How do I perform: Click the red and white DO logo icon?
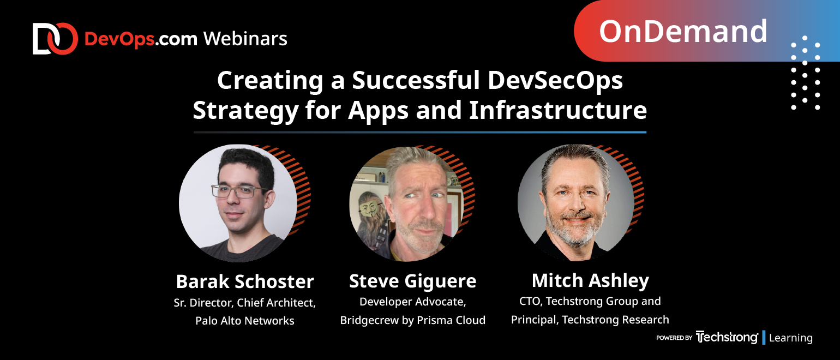click(x=55, y=39)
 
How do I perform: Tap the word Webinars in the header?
click(x=245, y=39)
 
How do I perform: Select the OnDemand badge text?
click(x=683, y=31)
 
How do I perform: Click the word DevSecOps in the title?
click(x=555, y=81)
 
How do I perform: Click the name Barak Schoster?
click(x=245, y=281)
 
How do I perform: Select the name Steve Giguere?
click(x=412, y=281)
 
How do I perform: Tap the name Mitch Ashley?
click(x=590, y=280)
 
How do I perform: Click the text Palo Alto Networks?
click(x=245, y=321)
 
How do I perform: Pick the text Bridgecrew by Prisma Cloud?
click(x=412, y=320)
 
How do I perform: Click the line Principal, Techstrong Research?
click(x=590, y=320)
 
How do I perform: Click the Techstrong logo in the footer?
click(x=727, y=337)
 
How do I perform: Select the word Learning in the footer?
click(x=790, y=338)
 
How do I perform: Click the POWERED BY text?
click(x=674, y=338)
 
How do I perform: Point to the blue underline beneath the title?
click(x=420, y=133)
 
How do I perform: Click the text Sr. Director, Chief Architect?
click(x=245, y=303)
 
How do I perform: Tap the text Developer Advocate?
click(x=412, y=302)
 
